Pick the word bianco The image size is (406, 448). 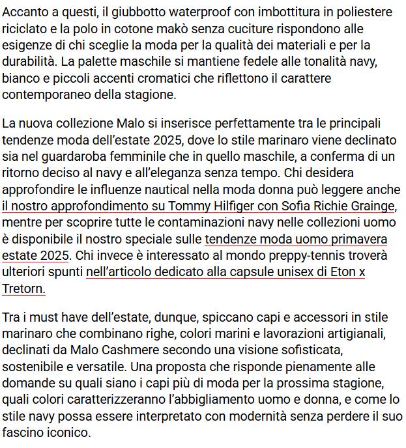21,78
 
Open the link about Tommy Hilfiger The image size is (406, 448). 196,206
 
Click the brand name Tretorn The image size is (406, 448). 23,288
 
